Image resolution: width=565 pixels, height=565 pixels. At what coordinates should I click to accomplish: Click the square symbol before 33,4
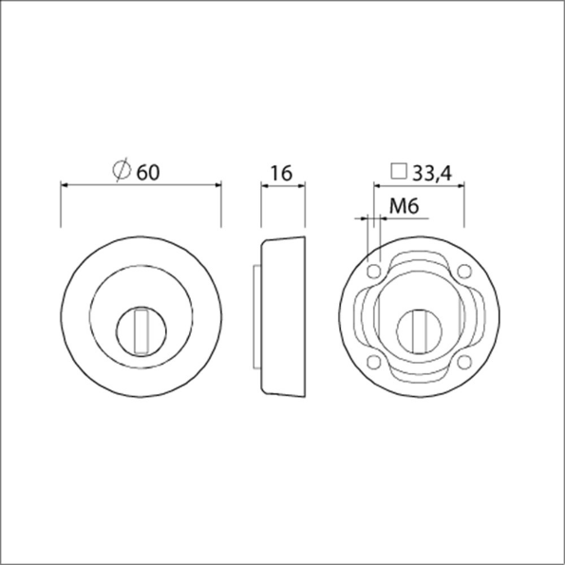click(x=399, y=172)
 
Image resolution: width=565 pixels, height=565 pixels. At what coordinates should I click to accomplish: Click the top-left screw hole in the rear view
click(x=374, y=273)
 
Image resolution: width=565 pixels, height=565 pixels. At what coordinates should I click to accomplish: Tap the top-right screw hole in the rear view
click(x=464, y=273)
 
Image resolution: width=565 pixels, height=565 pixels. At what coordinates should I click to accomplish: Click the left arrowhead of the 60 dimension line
click(x=66, y=187)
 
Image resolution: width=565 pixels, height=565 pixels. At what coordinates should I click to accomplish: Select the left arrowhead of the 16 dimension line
click(x=265, y=187)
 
